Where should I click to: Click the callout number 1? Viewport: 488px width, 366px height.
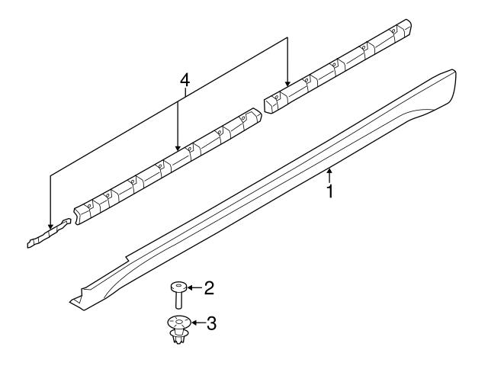pos(330,191)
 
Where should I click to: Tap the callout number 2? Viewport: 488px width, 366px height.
pos(209,288)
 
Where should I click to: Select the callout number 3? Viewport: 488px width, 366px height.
pos(212,323)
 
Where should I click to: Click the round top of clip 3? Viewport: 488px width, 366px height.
pos(177,323)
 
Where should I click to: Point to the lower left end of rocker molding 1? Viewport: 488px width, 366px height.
pos(76,302)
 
